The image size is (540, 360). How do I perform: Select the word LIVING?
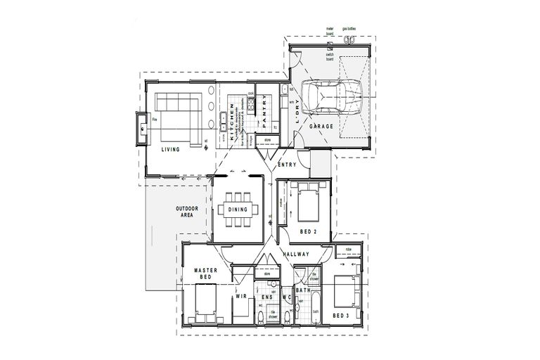pos(169,150)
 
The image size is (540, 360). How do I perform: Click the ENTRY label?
pos(287,165)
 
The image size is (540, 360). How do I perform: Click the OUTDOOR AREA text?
pos(187,213)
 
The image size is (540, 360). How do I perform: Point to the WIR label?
pos(239,297)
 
